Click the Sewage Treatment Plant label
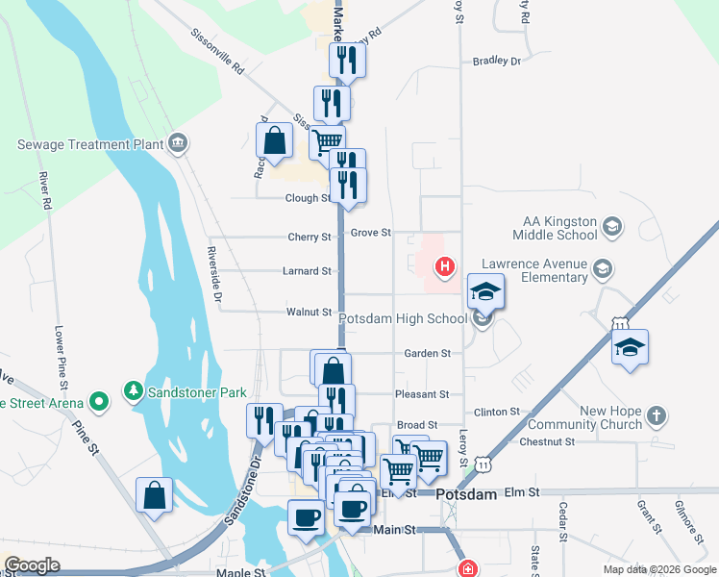pyautogui.click(x=87, y=144)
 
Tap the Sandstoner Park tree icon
pyautogui.click(x=132, y=391)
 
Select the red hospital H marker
pyautogui.click(x=444, y=266)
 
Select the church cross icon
pyautogui.click(x=656, y=416)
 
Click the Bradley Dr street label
pyautogui.click(x=496, y=61)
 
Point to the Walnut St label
pyautogui.click(x=309, y=312)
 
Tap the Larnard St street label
pyautogui.click(x=308, y=271)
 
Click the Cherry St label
pyautogui.click(x=309, y=237)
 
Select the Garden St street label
pyautogui.click(x=427, y=354)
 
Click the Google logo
pyautogui.click(x=32, y=565)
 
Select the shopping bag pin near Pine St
pyautogui.click(x=154, y=497)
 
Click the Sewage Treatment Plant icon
pyautogui.click(x=177, y=144)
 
